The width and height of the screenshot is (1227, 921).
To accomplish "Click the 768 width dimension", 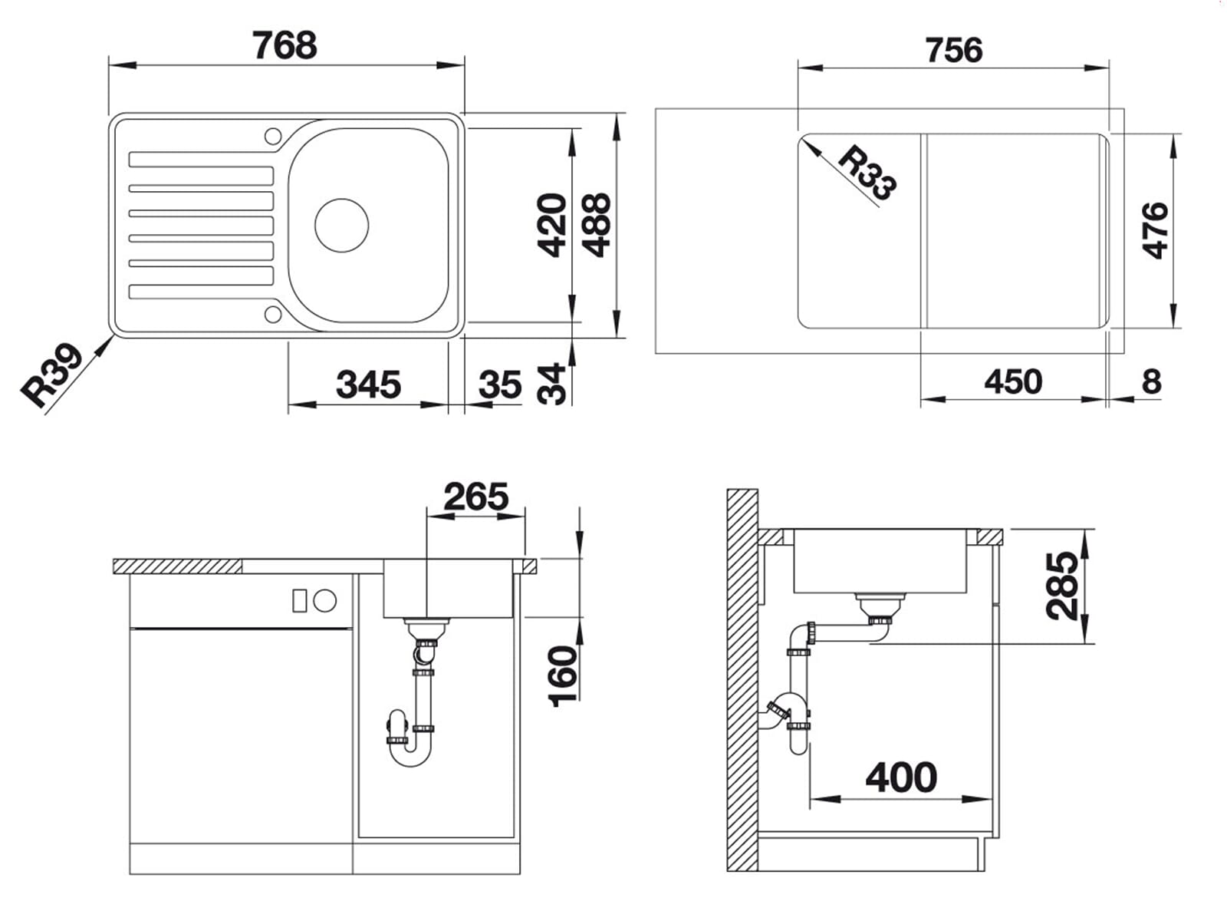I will click(x=285, y=46).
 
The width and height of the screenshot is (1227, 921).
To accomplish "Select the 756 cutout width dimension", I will click(x=953, y=51).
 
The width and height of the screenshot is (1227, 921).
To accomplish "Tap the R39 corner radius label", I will click(x=52, y=374).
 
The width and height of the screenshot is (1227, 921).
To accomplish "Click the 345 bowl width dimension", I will click(x=368, y=385).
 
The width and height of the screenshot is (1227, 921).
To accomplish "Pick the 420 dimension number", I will click(x=552, y=225).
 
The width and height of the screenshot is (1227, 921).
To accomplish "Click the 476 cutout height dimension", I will click(x=1154, y=230).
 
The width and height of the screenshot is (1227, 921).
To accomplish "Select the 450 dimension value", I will click(x=1013, y=381).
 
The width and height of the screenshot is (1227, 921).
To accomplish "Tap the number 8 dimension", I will click(x=1151, y=381).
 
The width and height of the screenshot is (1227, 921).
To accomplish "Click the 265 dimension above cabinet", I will click(x=475, y=497).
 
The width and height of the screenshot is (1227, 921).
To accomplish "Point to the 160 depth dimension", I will click(x=564, y=675).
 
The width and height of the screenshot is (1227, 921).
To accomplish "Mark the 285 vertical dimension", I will click(x=1063, y=585).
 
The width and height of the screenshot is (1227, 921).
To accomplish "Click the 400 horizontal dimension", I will click(x=901, y=777).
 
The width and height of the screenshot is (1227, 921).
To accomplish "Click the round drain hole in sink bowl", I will click(x=342, y=225).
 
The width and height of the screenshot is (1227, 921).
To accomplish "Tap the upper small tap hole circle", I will click(x=273, y=137).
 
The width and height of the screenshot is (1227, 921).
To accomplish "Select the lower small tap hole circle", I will click(x=273, y=313).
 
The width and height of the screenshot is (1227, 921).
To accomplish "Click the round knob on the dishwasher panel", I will click(x=326, y=600).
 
